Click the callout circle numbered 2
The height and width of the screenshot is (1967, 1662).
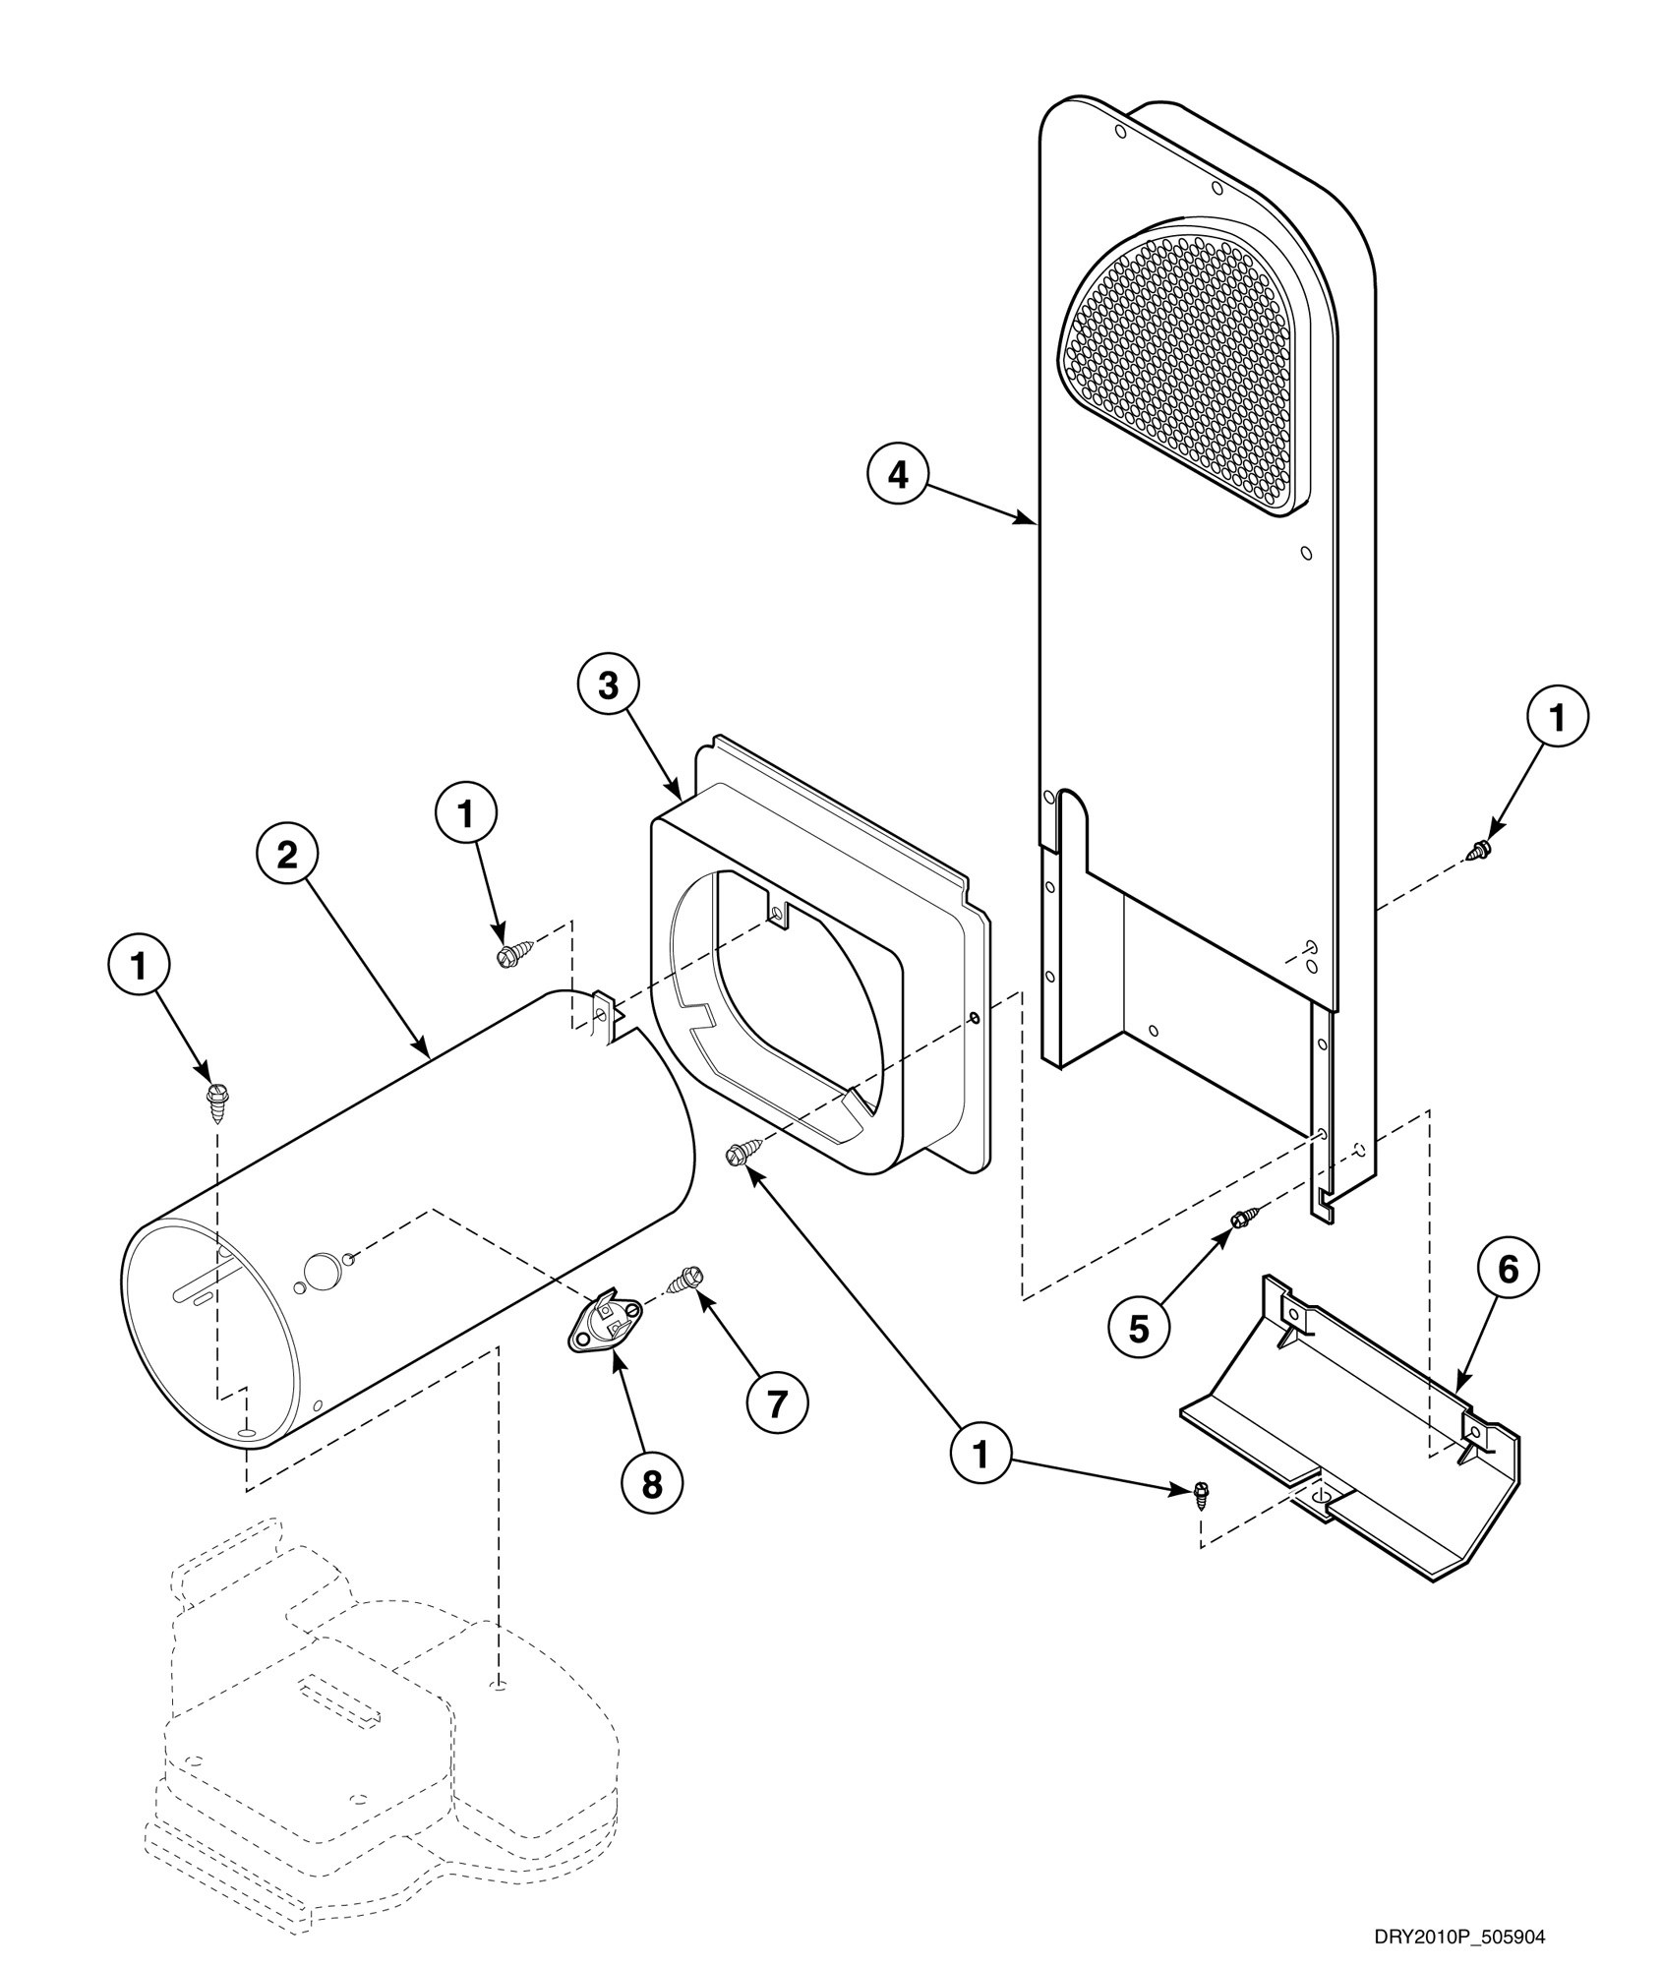pyautogui.click(x=286, y=855)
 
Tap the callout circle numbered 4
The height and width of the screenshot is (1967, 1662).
pyautogui.click(x=897, y=475)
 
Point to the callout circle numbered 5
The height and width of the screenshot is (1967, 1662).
pyautogui.click(x=1138, y=1329)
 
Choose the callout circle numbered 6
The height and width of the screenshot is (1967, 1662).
pyautogui.click(x=1508, y=1270)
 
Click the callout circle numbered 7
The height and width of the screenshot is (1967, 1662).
pyautogui.click(x=777, y=1405)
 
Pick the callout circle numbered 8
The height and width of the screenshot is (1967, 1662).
pyautogui.click(x=652, y=1484)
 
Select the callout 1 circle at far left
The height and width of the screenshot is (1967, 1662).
pyautogui.click(x=139, y=967)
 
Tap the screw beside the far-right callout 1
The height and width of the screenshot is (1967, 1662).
pyautogui.click(x=1480, y=847)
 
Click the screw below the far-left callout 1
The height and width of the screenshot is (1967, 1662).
pyautogui.click(x=216, y=1098)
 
